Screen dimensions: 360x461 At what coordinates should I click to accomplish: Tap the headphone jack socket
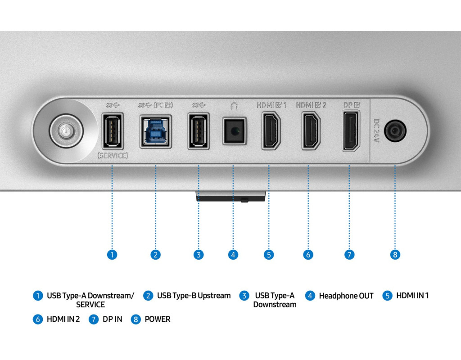tap(234, 131)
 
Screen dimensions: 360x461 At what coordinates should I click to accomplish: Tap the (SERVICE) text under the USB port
tap(113, 156)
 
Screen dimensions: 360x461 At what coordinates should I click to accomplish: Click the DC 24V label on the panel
tap(377, 131)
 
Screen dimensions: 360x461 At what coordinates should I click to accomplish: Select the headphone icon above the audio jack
tap(233, 106)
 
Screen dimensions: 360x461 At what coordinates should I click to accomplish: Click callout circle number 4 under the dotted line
tap(233, 255)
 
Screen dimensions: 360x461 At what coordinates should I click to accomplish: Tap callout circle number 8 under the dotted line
tap(395, 255)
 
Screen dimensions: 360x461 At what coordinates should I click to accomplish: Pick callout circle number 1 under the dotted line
tap(112, 255)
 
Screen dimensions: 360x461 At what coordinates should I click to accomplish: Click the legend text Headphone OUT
tap(346, 296)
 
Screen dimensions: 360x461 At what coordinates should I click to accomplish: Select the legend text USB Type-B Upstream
tap(194, 296)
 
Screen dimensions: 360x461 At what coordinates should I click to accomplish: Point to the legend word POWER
tap(158, 319)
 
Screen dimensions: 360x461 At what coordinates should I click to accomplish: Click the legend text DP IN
tap(112, 319)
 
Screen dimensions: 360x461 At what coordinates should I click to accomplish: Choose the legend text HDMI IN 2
tap(63, 319)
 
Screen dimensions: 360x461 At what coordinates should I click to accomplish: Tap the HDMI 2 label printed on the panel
tap(311, 105)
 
